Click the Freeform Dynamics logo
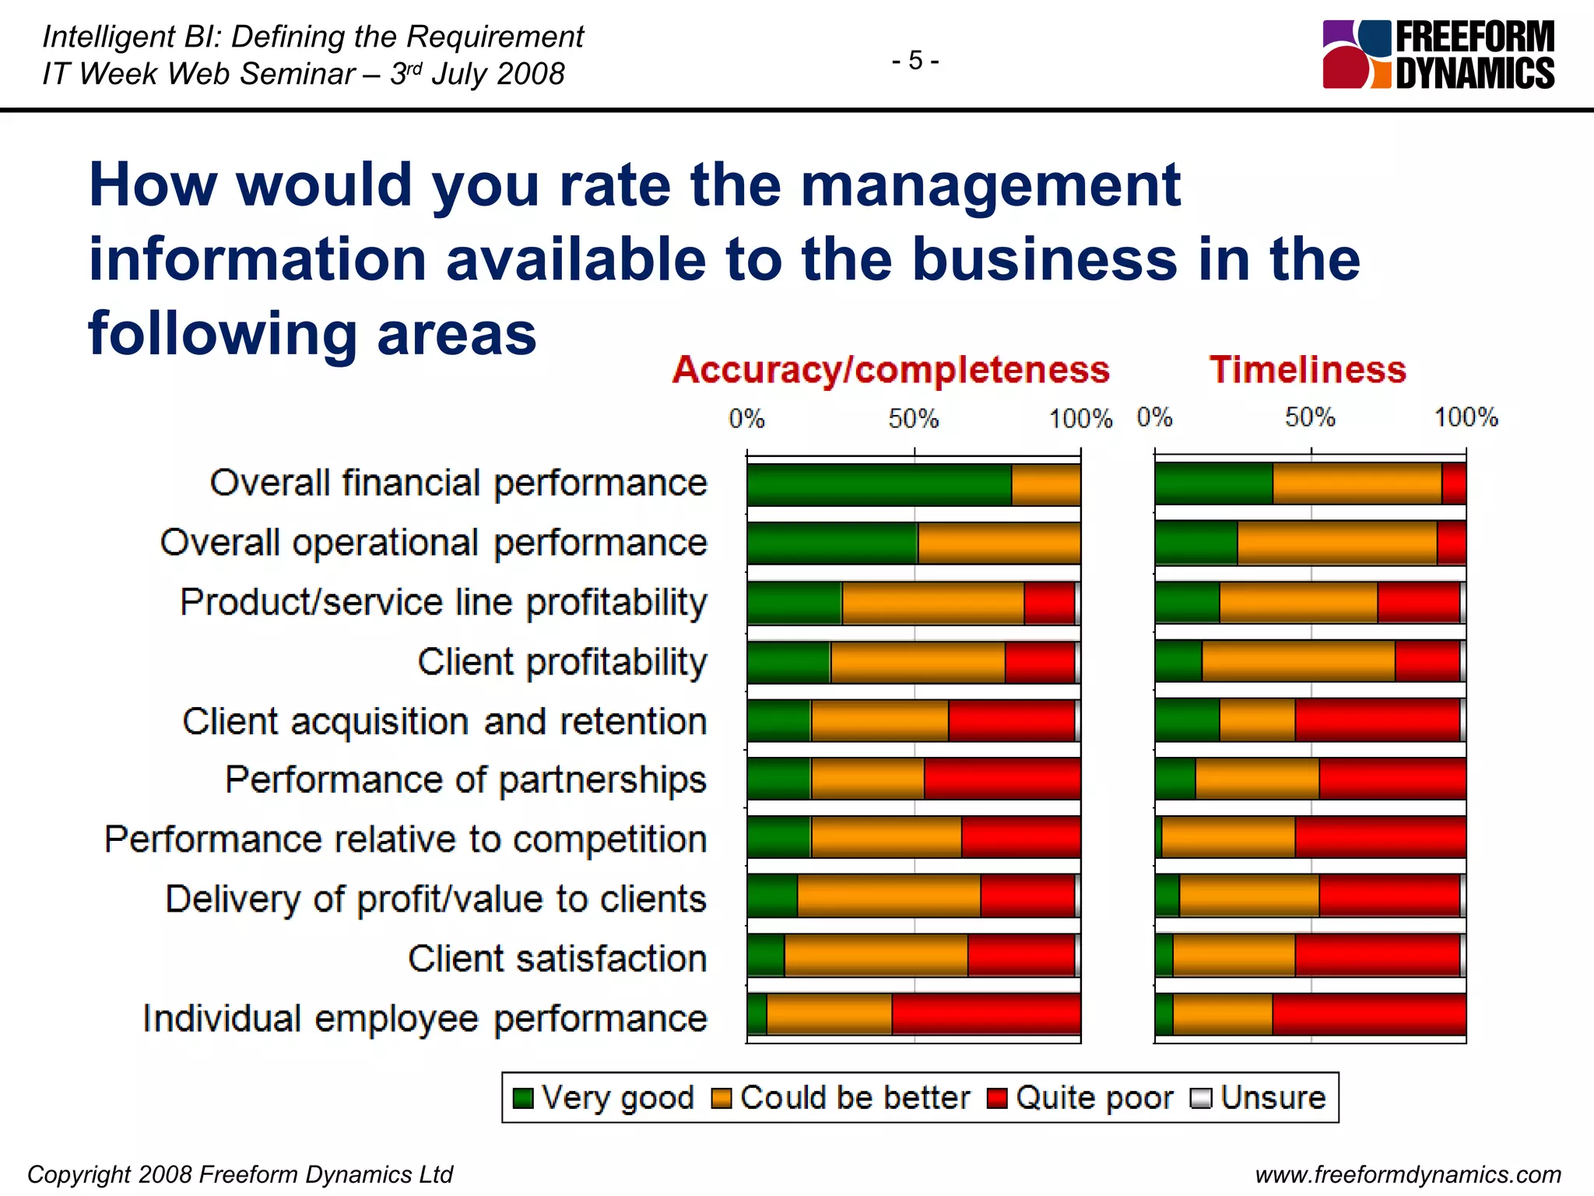pyautogui.click(x=1438, y=55)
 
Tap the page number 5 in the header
pyautogui.click(x=915, y=60)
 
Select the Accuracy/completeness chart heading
pyautogui.click(x=890, y=369)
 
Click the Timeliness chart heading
pyautogui.click(x=1308, y=369)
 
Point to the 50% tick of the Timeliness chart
pyautogui.click(x=1310, y=418)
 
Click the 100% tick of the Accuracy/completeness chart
pyautogui.click(x=1080, y=419)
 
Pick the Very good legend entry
pyautogui.click(x=602, y=1098)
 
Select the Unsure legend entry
pyautogui.click(x=1258, y=1098)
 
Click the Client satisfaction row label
pyautogui.click(x=557, y=959)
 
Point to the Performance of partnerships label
pyautogui.click(x=465, y=779)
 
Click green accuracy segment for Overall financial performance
pyautogui.click(x=879, y=484)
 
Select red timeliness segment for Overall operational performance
pyautogui.click(x=1451, y=543)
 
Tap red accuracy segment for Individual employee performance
pyautogui.click(x=985, y=1015)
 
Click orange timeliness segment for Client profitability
pyautogui.click(x=1297, y=661)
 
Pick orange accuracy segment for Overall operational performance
pyautogui.click(x=999, y=543)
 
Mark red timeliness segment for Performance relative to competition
pyautogui.click(x=1380, y=837)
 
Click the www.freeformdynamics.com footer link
pyautogui.click(x=1408, y=1174)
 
